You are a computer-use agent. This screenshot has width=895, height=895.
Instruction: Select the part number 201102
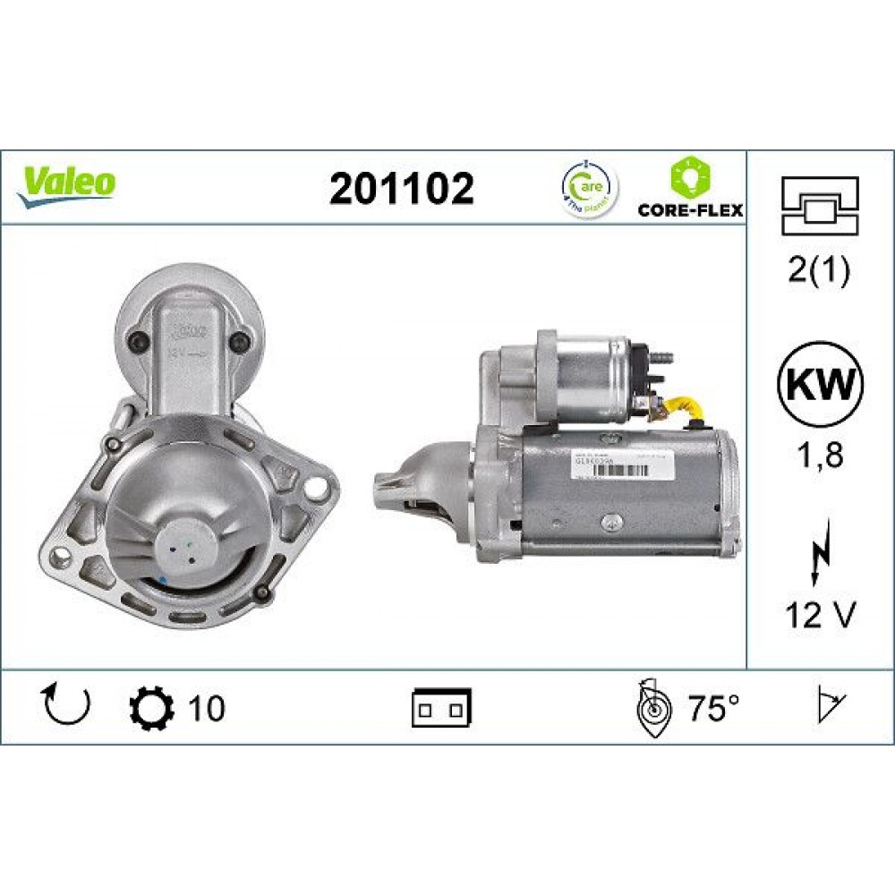pyautogui.click(x=402, y=188)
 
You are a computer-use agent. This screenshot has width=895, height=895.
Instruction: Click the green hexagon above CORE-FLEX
pyautogui.click(x=690, y=176)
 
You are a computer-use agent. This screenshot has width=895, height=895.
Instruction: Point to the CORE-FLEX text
pyautogui.click(x=690, y=210)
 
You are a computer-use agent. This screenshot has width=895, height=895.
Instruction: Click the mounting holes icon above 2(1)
pyautogui.click(x=820, y=205)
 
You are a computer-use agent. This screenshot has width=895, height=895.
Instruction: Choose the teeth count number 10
pyautogui.click(x=206, y=709)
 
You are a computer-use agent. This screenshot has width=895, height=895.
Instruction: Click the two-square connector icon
pyautogui.click(x=441, y=708)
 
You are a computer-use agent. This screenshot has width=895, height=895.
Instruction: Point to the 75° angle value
pyautogui.click(x=713, y=709)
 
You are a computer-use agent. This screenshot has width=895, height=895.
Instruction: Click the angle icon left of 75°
pyautogui.click(x=654, y=708)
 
